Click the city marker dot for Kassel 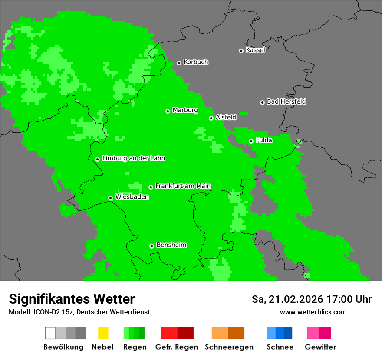click(x=241, y=51)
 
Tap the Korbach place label click(x=196, y=62)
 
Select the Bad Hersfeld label click(x=286, y=101)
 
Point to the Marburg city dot click(x=168, y=111)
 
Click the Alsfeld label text click(x=226, y=117)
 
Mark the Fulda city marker click(x=251, y=141)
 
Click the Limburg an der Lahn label click(x=133, y=158)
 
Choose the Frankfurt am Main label click(x=183, y=186)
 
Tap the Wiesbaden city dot click(x=110, y=198)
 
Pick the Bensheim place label click(x=171, y=245)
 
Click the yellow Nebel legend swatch click(x=103, y=333)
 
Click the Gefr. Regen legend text click(x=177, y=347)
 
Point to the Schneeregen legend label click(x=229, y=347)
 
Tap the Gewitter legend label click(x=320, y=347)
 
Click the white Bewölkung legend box click(x=50, y=333)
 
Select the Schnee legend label click(x=280, y=347)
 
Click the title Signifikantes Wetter click(x=72, y=299)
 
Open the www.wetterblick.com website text click(x=313, y=312)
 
